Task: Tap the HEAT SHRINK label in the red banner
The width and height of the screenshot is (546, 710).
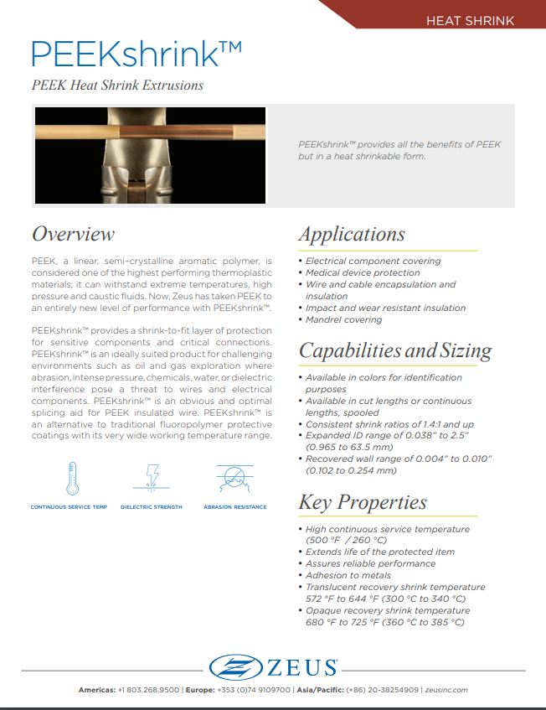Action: (x=470, y=20)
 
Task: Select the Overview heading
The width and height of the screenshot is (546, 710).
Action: (x=73, y=234)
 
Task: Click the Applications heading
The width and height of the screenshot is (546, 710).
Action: (x=352, y=234)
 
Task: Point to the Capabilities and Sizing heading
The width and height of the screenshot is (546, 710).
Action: (x=395, y=350)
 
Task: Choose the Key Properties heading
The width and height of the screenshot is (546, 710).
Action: (x=363, y=502)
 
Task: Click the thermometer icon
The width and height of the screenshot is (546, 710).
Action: (x=72, y=478)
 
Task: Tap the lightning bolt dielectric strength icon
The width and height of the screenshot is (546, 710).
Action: (x=152, y=478)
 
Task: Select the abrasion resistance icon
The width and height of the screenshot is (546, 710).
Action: (x=234, y=478)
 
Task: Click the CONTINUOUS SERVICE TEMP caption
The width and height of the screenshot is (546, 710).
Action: (x=68, y=507)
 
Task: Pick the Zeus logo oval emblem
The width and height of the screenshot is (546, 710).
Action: (x=238, y=667)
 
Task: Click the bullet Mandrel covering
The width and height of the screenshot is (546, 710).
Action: (x=343, y=319)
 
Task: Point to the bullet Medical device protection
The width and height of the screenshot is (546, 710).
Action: (x=363, y=272)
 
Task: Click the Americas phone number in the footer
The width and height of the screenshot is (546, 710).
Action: (x=148, y=690)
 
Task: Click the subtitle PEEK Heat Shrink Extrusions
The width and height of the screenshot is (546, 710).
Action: (x=117, y=85)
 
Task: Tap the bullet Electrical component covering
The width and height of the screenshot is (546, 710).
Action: (x=373, y=261)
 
